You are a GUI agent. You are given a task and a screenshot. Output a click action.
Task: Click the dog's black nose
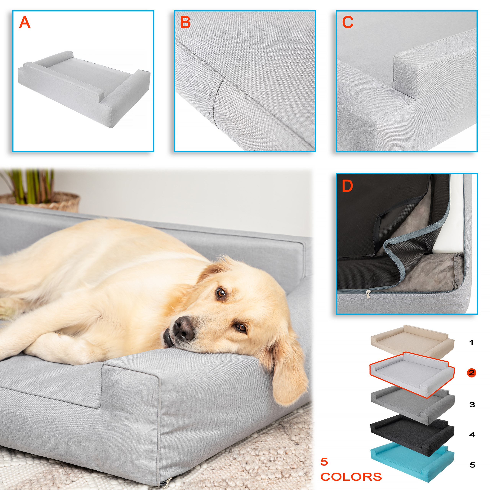pos(183,327)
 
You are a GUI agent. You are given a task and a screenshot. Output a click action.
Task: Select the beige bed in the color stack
pos(412,341)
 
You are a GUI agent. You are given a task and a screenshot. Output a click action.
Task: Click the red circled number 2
pos(471,373)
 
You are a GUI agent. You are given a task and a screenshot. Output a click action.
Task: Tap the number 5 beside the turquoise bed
pos(472,465)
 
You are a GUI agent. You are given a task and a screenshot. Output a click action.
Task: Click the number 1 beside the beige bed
pos(471,343)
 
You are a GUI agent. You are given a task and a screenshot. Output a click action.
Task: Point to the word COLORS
pos(351,477)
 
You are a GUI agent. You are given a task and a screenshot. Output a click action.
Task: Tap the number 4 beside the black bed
pos(472,435)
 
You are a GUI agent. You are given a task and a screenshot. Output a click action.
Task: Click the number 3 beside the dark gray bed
pos(472,404)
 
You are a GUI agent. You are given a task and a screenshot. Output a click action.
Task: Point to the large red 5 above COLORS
pos(324,462)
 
